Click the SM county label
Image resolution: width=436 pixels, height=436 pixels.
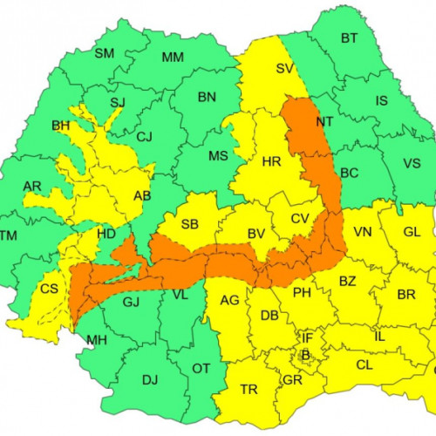(105, 53)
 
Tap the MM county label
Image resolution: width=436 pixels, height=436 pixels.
(173, 58)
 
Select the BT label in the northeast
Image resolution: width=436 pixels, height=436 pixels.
(349, 37)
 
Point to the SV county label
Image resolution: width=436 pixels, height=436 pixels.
(284, 69)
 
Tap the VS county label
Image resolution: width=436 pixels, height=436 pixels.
(412, 163)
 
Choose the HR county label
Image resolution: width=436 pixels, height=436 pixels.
(271, 161)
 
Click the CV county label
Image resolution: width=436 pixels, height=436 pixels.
(301, 218)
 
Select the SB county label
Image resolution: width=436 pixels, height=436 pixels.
(190, 224)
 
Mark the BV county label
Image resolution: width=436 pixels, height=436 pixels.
(256, 234)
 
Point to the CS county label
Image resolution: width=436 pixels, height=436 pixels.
(50, 289)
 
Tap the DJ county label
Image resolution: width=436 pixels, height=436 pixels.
(150, 379)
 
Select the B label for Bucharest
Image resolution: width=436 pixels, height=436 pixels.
(304, 354)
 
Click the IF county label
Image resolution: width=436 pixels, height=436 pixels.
(307, 337)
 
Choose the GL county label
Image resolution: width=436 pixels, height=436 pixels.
(412, 231)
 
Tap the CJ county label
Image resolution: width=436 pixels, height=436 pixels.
(145, 136)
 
